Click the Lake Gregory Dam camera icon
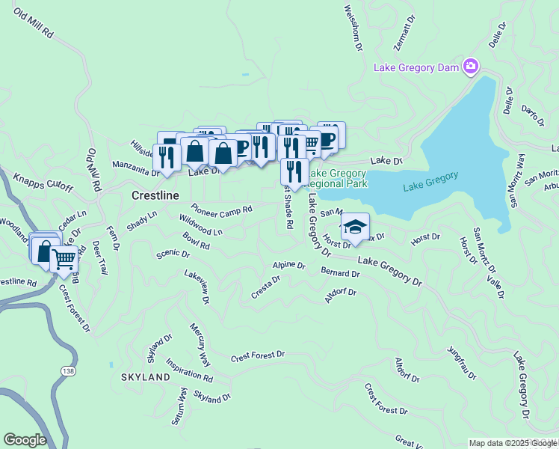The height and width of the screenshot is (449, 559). tap(470, 67)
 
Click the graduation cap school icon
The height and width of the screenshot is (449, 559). tap(355, 226)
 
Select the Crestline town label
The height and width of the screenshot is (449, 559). tap(155, 195)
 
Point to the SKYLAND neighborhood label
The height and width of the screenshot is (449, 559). tap(146, 378)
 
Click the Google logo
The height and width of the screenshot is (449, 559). tap(25, 439)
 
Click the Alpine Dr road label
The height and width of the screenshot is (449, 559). tap(289, 265)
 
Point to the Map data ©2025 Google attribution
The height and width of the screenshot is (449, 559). tap(513, 443)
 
